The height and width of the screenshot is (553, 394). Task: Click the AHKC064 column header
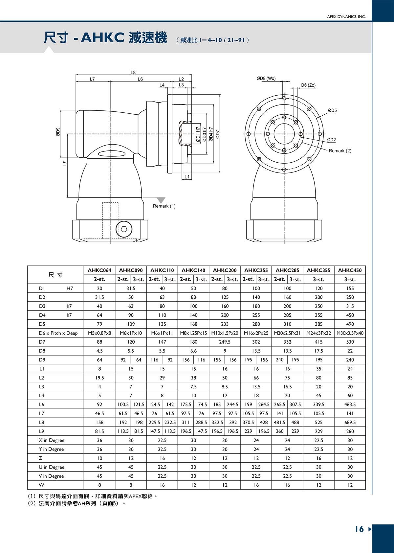99,270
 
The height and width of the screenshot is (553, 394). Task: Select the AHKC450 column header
350,270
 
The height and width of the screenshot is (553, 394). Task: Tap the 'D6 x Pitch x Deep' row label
58,333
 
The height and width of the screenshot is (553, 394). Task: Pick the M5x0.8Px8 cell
99,333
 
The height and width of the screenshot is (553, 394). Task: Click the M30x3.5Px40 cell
350,333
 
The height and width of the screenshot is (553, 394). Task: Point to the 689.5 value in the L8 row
350,422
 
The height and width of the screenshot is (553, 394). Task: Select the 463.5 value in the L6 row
350,404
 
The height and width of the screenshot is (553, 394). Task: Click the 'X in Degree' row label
52,440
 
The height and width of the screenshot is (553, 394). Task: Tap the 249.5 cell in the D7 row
225,342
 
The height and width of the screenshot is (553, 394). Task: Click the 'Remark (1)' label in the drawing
164,206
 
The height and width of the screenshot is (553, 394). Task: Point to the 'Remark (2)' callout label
340,151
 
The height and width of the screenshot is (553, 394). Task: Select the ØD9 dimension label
58,132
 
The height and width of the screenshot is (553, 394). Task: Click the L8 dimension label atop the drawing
133,72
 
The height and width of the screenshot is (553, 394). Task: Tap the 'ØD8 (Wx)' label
266,79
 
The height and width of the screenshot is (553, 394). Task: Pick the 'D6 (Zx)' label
308,85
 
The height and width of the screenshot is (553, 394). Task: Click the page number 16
360,529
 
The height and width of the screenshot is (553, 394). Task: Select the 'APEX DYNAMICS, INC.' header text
346,17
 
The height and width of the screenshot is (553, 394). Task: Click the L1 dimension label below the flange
187,177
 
